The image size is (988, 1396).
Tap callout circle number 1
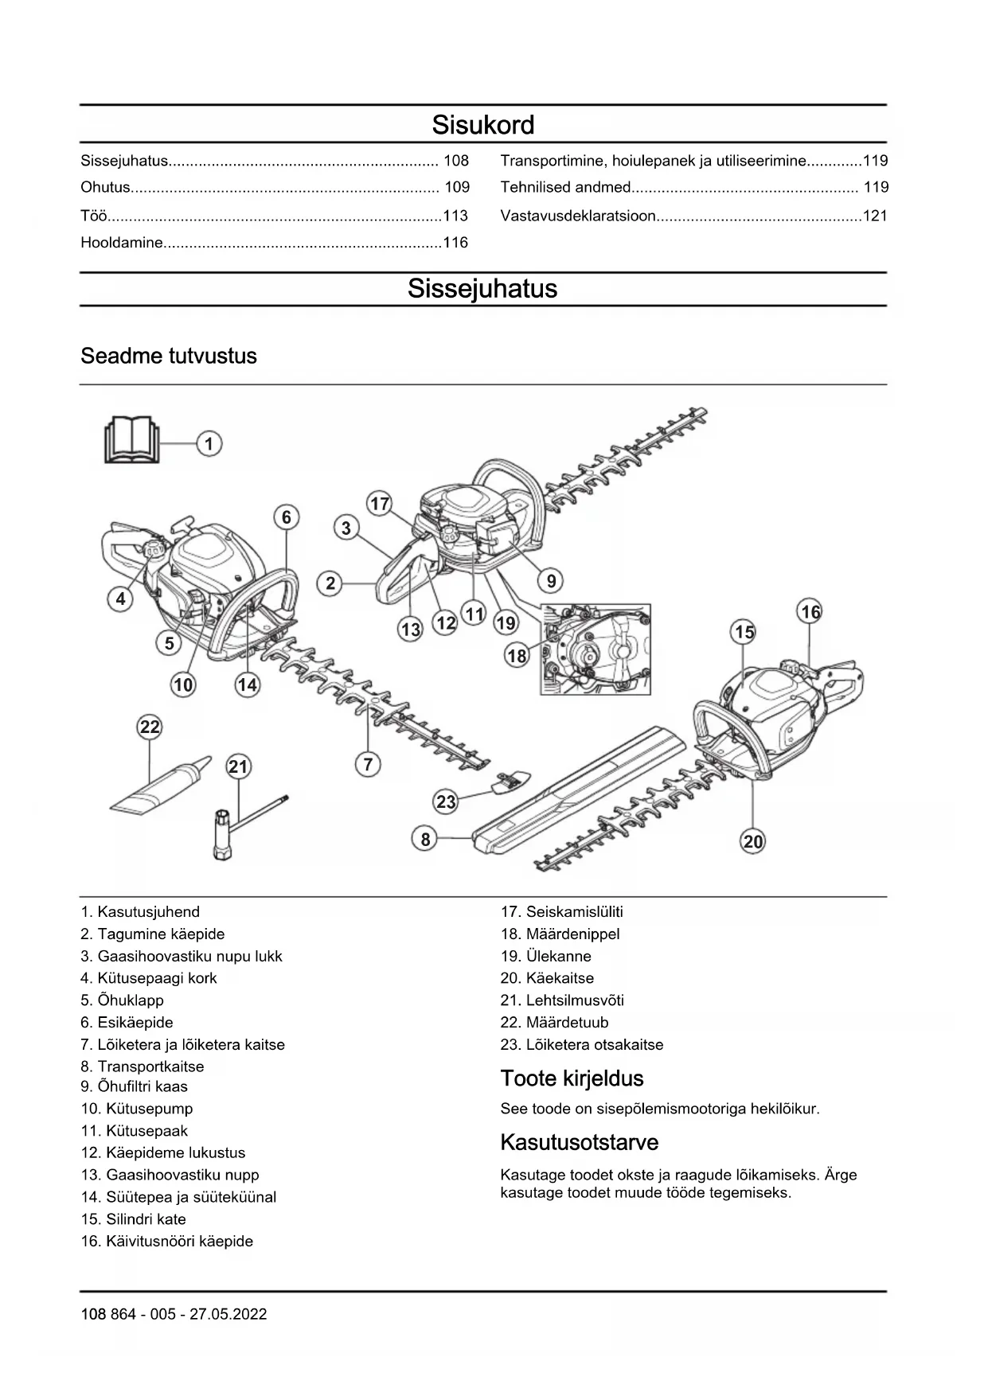(x=209, y=443)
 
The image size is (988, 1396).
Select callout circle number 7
(x=368, y=765)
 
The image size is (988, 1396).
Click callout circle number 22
(x=150, y=727)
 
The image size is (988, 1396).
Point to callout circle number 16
(x=810, y=612)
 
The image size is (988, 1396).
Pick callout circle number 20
(x=752, y=841)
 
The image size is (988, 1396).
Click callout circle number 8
(x=426, y=839)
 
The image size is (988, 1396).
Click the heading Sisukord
(x=482, y=125)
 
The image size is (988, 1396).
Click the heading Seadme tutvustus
(x=169, y=356)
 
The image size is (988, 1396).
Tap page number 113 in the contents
(x=455, y=216)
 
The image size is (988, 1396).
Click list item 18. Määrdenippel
(x=560, y=934)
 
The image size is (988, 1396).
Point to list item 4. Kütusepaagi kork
(x=148, y=978)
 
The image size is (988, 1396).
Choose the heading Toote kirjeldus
(x=572, y=1078)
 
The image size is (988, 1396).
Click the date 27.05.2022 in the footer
(x=228, y=1315)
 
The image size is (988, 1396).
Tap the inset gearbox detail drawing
(x=596, y=649)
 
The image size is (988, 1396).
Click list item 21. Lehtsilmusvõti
(x=562, y=1000)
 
